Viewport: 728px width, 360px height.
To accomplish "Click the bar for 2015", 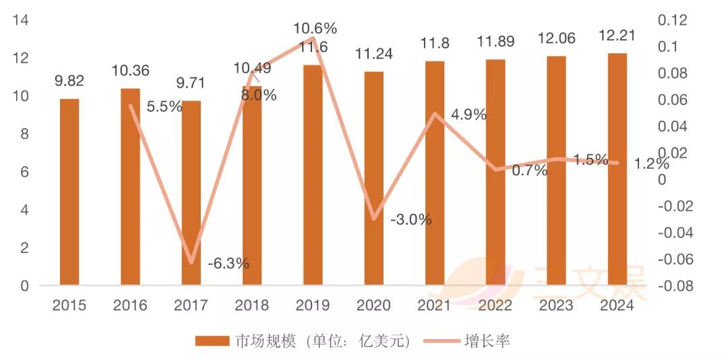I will click(69, 192).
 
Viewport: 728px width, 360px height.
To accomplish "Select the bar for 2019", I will click(313, 175).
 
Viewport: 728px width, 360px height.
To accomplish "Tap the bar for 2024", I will click(617, 169).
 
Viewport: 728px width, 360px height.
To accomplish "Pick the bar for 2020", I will click(373, 179).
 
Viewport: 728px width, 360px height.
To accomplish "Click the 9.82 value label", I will click(69, 82).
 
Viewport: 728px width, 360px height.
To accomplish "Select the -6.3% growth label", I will click(229, 263).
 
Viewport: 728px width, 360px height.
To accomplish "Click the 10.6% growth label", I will click(315, 28).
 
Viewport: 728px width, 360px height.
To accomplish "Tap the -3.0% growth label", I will click(411, 220).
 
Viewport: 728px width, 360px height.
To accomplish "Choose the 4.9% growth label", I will click(468, 115).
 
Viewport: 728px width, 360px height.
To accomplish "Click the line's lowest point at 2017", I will click(192, 262).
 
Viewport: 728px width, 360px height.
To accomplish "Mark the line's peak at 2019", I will click(313, 38).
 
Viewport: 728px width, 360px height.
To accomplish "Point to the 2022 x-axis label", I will click(495, 305).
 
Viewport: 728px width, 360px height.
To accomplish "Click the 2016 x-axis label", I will click(130, 305).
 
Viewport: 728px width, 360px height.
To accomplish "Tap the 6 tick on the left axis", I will click(24, 172).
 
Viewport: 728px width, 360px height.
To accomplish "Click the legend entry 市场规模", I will click(303, 341).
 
